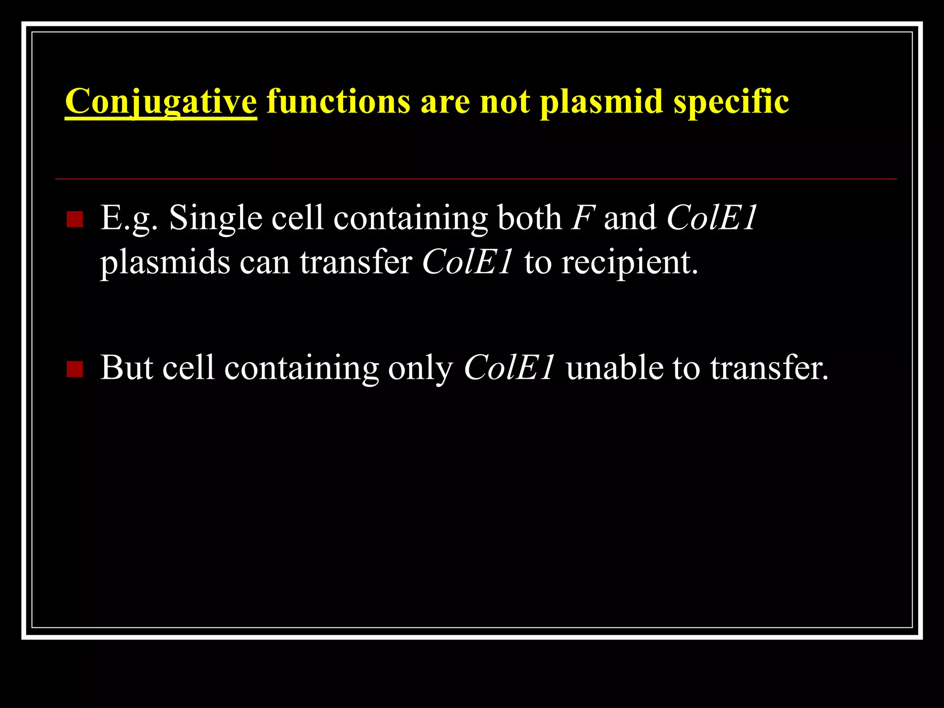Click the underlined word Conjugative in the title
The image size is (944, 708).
[160, 101]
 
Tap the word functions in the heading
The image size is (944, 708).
[338, 101]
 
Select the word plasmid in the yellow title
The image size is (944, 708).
[601, 101]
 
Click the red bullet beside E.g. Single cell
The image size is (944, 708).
[75, 219]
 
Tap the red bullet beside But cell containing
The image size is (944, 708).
[75, 369]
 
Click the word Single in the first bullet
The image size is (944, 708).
[215, 218]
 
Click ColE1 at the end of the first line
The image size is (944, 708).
[711, 218]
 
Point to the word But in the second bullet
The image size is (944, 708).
[126, 368]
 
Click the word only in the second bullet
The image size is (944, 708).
[420, 368]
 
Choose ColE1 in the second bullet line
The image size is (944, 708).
[509, 368]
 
